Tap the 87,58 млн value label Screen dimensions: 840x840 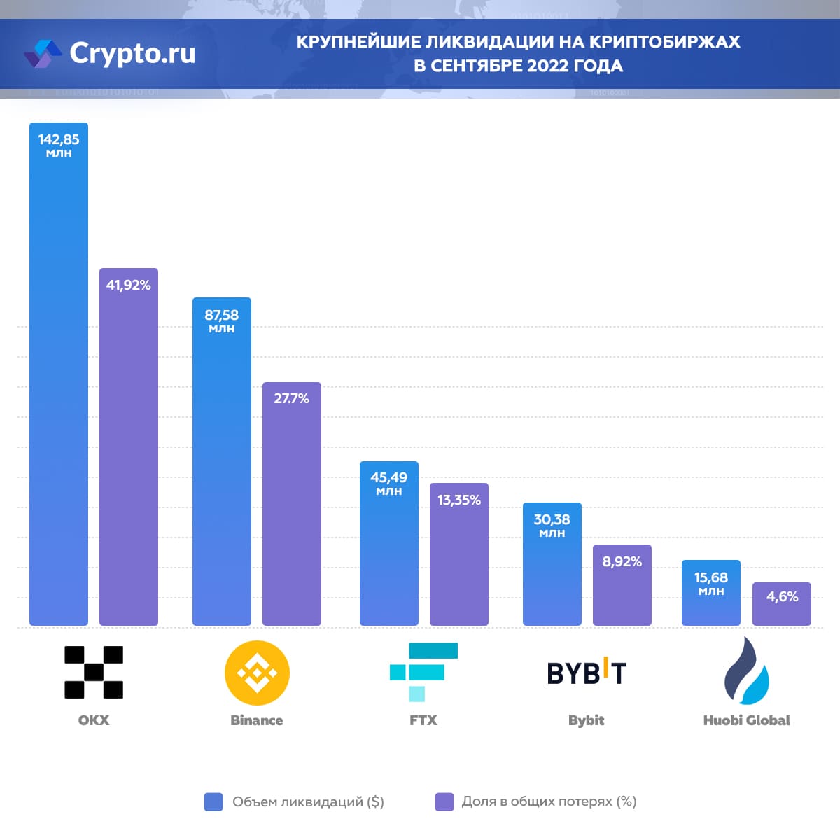click(221, 321)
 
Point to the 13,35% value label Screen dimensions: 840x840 click(459, 500)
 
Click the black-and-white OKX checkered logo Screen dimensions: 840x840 click(94, 672)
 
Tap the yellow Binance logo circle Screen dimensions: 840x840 click(257, 673)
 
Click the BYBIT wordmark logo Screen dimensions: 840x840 click(587, 673)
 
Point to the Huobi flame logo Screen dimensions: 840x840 click(746, 671)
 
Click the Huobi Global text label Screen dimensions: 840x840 click(746, 720)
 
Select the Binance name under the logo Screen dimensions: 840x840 click(257, 720)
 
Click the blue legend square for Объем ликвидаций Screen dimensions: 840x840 click(213, 802)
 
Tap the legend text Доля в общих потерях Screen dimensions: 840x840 click(549, 801)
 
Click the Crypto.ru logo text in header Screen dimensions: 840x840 click(132, 53)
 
